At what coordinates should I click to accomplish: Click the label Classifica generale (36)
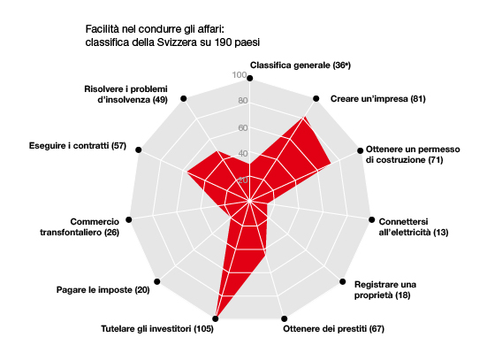coord(301,65)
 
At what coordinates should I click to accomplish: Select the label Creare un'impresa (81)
coord(377,99)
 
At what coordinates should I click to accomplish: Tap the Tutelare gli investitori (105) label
coord(157,329)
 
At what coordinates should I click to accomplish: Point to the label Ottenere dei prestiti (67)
coord(333,329)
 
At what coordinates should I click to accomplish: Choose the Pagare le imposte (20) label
coord(103,290)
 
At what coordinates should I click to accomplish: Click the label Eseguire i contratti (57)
coord(78,145)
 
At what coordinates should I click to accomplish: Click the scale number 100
coord(240,75)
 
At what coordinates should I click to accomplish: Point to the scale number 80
coord(243,101)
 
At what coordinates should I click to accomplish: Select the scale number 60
coord(243,127)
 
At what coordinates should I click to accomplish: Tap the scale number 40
coord(243,153)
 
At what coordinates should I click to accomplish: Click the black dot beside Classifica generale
coord(250,79)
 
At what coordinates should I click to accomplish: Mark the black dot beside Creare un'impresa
coord(316,98)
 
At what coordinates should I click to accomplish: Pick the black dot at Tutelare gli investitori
coord(216,318)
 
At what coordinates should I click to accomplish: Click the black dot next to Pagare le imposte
coord(157,281)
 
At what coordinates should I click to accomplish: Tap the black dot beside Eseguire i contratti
coord(139,149)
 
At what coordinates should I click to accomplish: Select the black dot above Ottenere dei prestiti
coord(285,318)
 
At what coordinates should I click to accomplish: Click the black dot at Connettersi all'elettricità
coord(372,219)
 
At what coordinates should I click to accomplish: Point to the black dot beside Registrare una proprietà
coord(343,281)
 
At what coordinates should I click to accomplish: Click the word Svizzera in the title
coord(177,42)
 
